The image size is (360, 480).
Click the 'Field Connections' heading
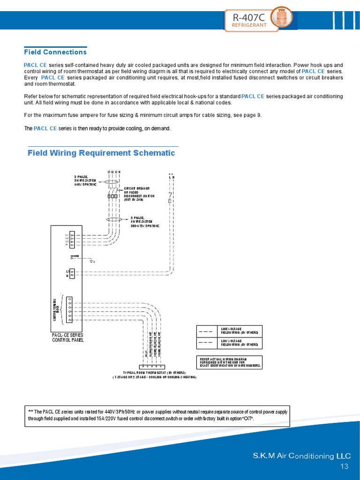pos(55,52)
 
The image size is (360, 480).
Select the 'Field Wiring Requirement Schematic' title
pos(101,153)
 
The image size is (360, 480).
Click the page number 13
pos(345,466)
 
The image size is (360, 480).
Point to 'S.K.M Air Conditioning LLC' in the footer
pos(301,456)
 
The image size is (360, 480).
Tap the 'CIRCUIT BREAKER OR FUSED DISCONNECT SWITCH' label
pos(139,194)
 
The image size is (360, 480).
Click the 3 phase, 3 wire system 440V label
pos(85,180)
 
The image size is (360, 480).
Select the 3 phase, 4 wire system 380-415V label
pos(144,222)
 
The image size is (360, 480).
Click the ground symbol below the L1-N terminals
pos(91,261)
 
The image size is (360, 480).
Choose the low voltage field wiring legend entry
pos(229,342)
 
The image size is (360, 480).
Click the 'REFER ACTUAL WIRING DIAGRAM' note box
pos(229,362)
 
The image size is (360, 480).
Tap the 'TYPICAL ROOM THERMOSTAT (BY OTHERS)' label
pos(154,372)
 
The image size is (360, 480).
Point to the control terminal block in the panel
pos(69,310)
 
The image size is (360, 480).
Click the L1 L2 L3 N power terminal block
pos(72,240)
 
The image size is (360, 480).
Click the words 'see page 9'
pos(247,115)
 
